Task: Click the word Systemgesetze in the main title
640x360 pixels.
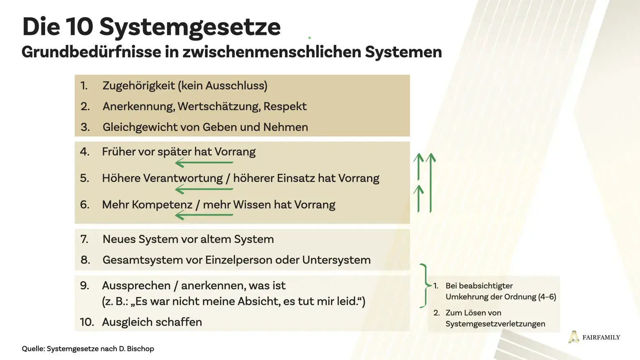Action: click(190, 27)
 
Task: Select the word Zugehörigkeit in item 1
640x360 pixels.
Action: click(139, 86)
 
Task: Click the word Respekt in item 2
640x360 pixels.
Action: click(285, 107)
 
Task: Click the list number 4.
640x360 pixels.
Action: click(84, 152)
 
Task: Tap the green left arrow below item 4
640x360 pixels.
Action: click(204, 163)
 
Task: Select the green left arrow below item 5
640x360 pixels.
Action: click(204, 189)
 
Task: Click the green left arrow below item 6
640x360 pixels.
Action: click(204, 215)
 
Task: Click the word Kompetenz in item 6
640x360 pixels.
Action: click(162, 205)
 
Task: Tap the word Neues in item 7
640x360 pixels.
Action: click(119, 239)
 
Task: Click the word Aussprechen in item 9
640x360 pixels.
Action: click(136, 286)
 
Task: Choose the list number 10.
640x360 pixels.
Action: click(86, 322)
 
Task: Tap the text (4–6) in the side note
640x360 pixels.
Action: click(547, 297)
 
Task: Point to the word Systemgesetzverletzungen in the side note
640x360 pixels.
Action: click(495, 324)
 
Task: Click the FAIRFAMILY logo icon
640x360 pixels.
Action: click(573, 337)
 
